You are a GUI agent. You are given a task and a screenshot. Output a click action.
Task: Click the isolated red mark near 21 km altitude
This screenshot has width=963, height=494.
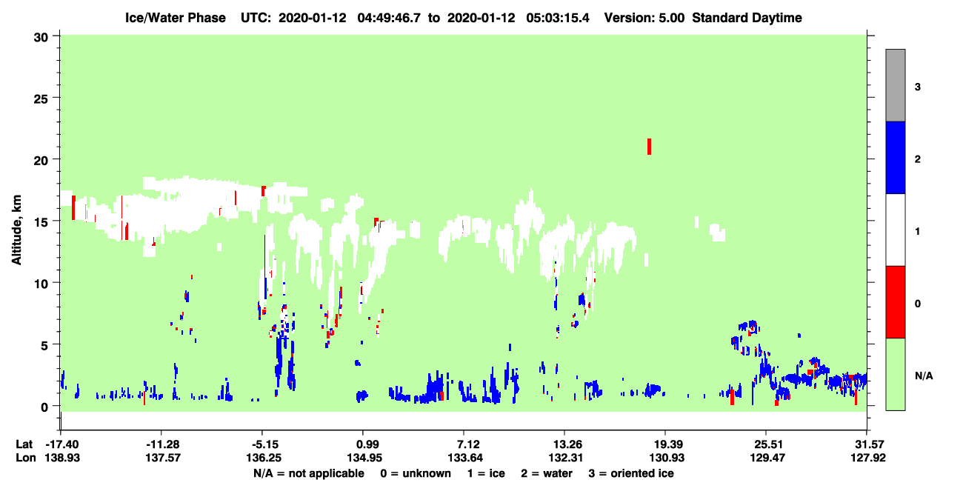649,147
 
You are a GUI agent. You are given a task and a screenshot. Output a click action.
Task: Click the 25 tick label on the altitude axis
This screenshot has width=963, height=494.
41,99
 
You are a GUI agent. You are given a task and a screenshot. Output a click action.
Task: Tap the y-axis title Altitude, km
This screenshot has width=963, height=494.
16,230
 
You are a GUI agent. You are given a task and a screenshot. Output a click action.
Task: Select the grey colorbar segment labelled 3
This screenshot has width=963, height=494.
895,85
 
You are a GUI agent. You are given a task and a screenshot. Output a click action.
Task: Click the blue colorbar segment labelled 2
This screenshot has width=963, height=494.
895,157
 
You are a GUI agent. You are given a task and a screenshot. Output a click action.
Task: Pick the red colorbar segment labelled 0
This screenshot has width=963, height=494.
895,302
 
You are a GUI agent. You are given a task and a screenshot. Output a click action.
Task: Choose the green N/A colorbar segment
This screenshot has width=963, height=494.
895,375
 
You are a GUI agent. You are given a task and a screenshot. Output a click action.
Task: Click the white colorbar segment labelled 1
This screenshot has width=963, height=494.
895,230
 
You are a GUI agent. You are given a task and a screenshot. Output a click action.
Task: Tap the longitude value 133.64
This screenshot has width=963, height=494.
465,458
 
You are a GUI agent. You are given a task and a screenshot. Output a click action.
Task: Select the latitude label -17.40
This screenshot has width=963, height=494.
62,444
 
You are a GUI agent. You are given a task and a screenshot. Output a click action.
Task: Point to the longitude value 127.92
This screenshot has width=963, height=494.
868,458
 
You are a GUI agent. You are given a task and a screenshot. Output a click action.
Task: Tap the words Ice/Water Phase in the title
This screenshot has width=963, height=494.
176,18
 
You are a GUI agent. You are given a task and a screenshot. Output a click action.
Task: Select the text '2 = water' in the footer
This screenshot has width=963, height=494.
547,473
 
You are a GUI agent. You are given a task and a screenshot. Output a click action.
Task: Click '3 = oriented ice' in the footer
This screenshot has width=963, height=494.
631,473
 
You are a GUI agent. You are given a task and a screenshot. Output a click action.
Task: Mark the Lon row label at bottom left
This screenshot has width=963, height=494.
26,458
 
